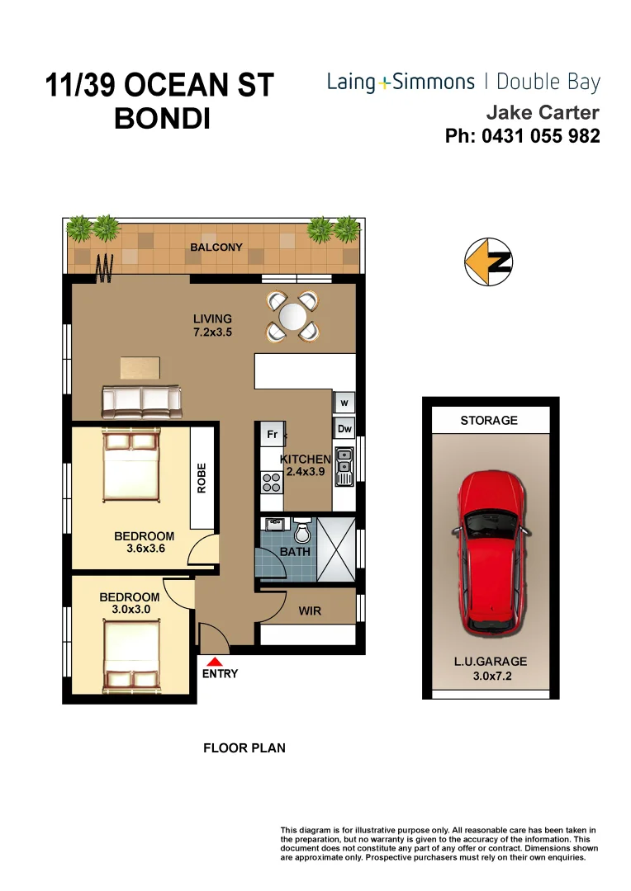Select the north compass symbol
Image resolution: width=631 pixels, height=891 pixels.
[488, 262]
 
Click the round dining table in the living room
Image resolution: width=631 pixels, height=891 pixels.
[292, 316]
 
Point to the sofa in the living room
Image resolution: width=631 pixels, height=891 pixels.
[141, 401]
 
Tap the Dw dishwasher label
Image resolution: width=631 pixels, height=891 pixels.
[344, 429]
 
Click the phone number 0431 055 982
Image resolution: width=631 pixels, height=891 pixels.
[522, 136]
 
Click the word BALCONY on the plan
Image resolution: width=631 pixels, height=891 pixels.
[216, 247]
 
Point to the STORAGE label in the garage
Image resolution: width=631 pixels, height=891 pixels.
[489, 420]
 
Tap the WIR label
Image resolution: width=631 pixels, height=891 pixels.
[310, 611]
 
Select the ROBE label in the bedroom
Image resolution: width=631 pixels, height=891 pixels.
[202, 478]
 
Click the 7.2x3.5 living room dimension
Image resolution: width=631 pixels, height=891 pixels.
[212, 333]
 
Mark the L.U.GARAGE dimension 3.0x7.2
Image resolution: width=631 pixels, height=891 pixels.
[489, 676]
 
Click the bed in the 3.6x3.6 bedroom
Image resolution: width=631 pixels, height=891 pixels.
[130, 466]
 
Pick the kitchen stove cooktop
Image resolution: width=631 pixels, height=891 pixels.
[271, 482]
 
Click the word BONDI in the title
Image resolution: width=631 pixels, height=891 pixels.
[162, 119]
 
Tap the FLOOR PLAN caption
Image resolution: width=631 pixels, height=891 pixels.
[244, 748]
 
